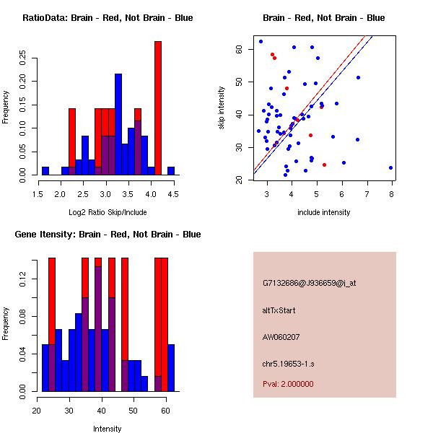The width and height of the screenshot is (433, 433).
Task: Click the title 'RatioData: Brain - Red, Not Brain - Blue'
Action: coord(108,18)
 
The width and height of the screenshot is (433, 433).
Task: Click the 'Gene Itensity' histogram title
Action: coord(108,235)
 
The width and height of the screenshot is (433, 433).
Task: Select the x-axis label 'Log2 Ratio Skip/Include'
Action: coord(108,214)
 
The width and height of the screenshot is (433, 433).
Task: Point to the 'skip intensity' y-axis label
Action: coord(222,108)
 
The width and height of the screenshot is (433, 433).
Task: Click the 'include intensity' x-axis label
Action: coord(324,212)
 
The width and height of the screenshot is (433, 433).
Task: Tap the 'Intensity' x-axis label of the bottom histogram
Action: coord(108,429)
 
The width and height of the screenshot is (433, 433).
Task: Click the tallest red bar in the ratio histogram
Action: coord(157,108)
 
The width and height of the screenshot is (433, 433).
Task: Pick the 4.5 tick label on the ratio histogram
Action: coord(172,194)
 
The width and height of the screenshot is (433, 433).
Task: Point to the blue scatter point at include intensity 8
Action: coord(390,167)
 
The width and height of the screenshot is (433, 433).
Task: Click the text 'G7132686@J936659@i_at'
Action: coord(310,283)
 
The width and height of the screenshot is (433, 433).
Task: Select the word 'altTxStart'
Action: coord(279,310)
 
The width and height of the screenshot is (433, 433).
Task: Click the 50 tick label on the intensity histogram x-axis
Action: coord(134,411)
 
